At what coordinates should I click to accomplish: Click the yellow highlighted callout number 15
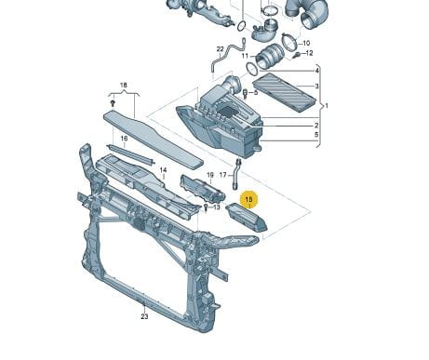point(248,199)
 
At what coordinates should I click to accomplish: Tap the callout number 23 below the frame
point(144,316)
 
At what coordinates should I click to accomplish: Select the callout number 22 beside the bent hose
point(220,49)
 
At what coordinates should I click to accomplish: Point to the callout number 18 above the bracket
point(124,85)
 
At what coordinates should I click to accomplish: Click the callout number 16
point(124,139)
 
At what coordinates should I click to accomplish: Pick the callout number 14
point(163,170)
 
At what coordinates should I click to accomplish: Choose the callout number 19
point(210,175)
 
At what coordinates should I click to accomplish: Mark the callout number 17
point(223,175)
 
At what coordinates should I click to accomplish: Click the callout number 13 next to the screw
point(216,207)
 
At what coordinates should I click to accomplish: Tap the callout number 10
point(306,43)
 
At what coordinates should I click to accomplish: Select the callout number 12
point(309,53)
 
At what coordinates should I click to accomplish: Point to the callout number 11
point(245,56)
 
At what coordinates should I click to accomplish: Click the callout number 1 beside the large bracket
point(326,106)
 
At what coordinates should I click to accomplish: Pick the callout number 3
point(316,86)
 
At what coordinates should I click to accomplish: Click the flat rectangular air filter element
point(284,92)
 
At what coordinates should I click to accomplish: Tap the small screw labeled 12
point(297,56)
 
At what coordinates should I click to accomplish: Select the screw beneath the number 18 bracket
point(113,103)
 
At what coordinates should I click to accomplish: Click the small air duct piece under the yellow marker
point(247,218)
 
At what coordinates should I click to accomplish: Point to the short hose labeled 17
point(236,174)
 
